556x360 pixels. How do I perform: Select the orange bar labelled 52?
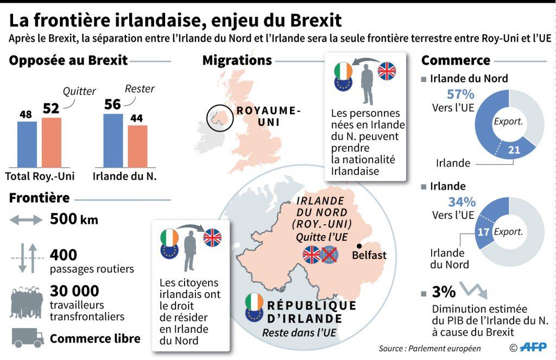click(x=52, y=142)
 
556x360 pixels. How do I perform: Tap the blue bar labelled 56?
click(x=113, y=140)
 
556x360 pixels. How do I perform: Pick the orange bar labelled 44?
click(x=137, y=146)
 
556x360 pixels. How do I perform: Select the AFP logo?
click(x=533, y=348)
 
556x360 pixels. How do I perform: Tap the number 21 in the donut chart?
click(x=513, y=150)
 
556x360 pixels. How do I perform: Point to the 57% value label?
click(x=460, y=94)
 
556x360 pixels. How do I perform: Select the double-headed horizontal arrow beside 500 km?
click(x=26, y=220)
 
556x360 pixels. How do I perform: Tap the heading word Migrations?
click(x=237, y=60)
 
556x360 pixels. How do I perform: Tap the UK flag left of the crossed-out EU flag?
click(x=311, y=255)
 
